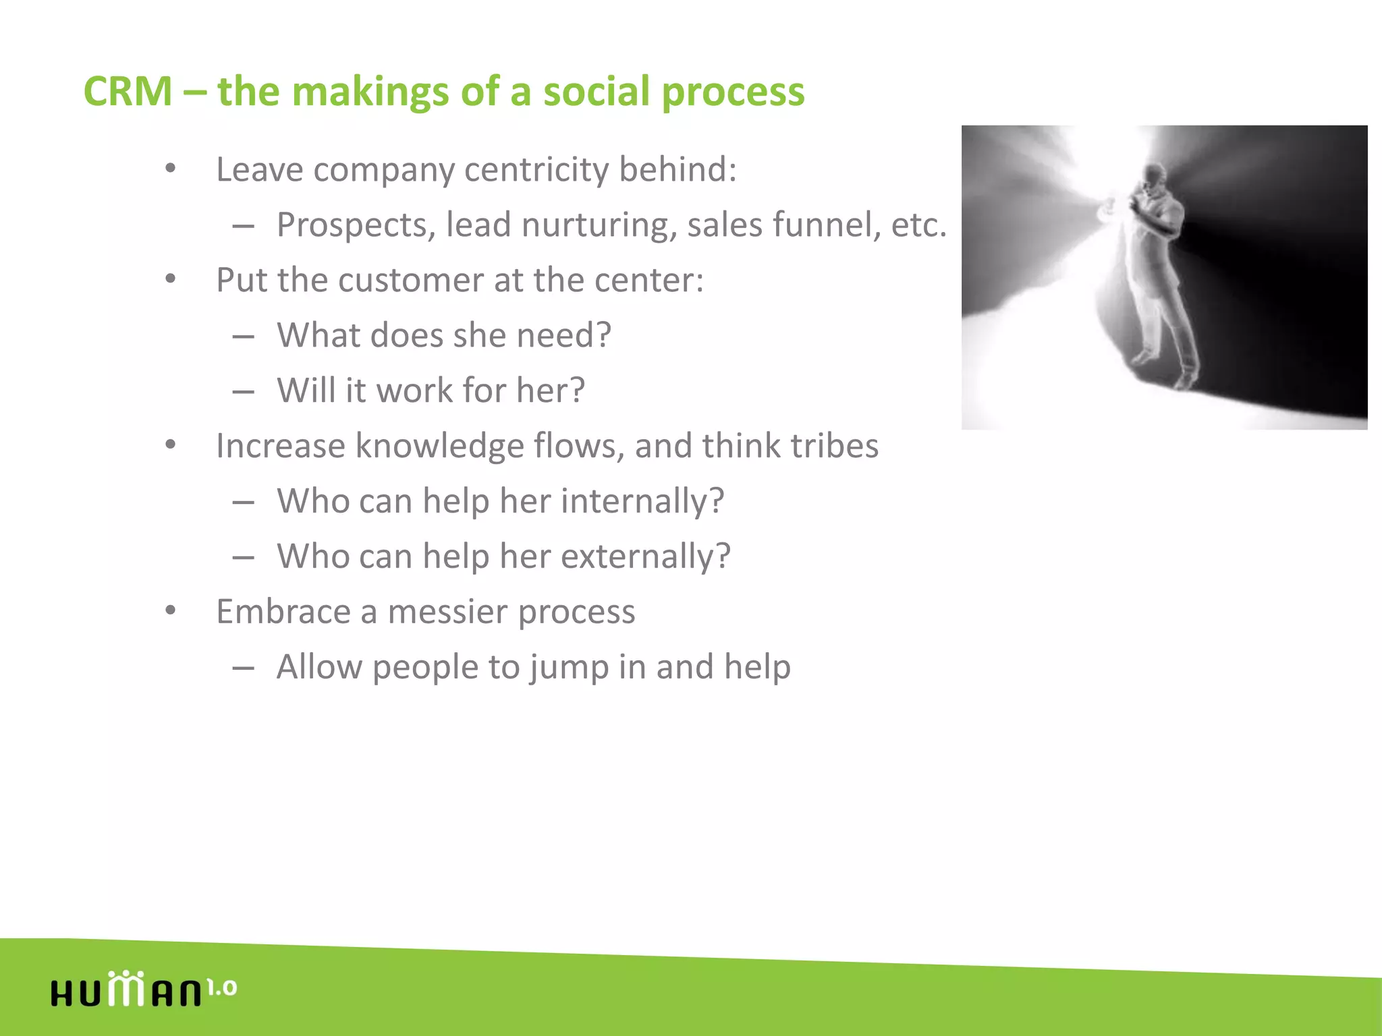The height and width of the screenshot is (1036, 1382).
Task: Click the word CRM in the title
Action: (128, 92)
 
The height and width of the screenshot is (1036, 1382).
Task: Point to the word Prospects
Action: (356, 226)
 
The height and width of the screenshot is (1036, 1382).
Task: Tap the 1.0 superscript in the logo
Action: (221, 988)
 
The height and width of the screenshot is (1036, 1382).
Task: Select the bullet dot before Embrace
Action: (171, 611)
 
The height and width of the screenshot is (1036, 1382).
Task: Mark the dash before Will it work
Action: (243, 391)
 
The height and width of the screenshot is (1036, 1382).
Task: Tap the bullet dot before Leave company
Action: (171, 169)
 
